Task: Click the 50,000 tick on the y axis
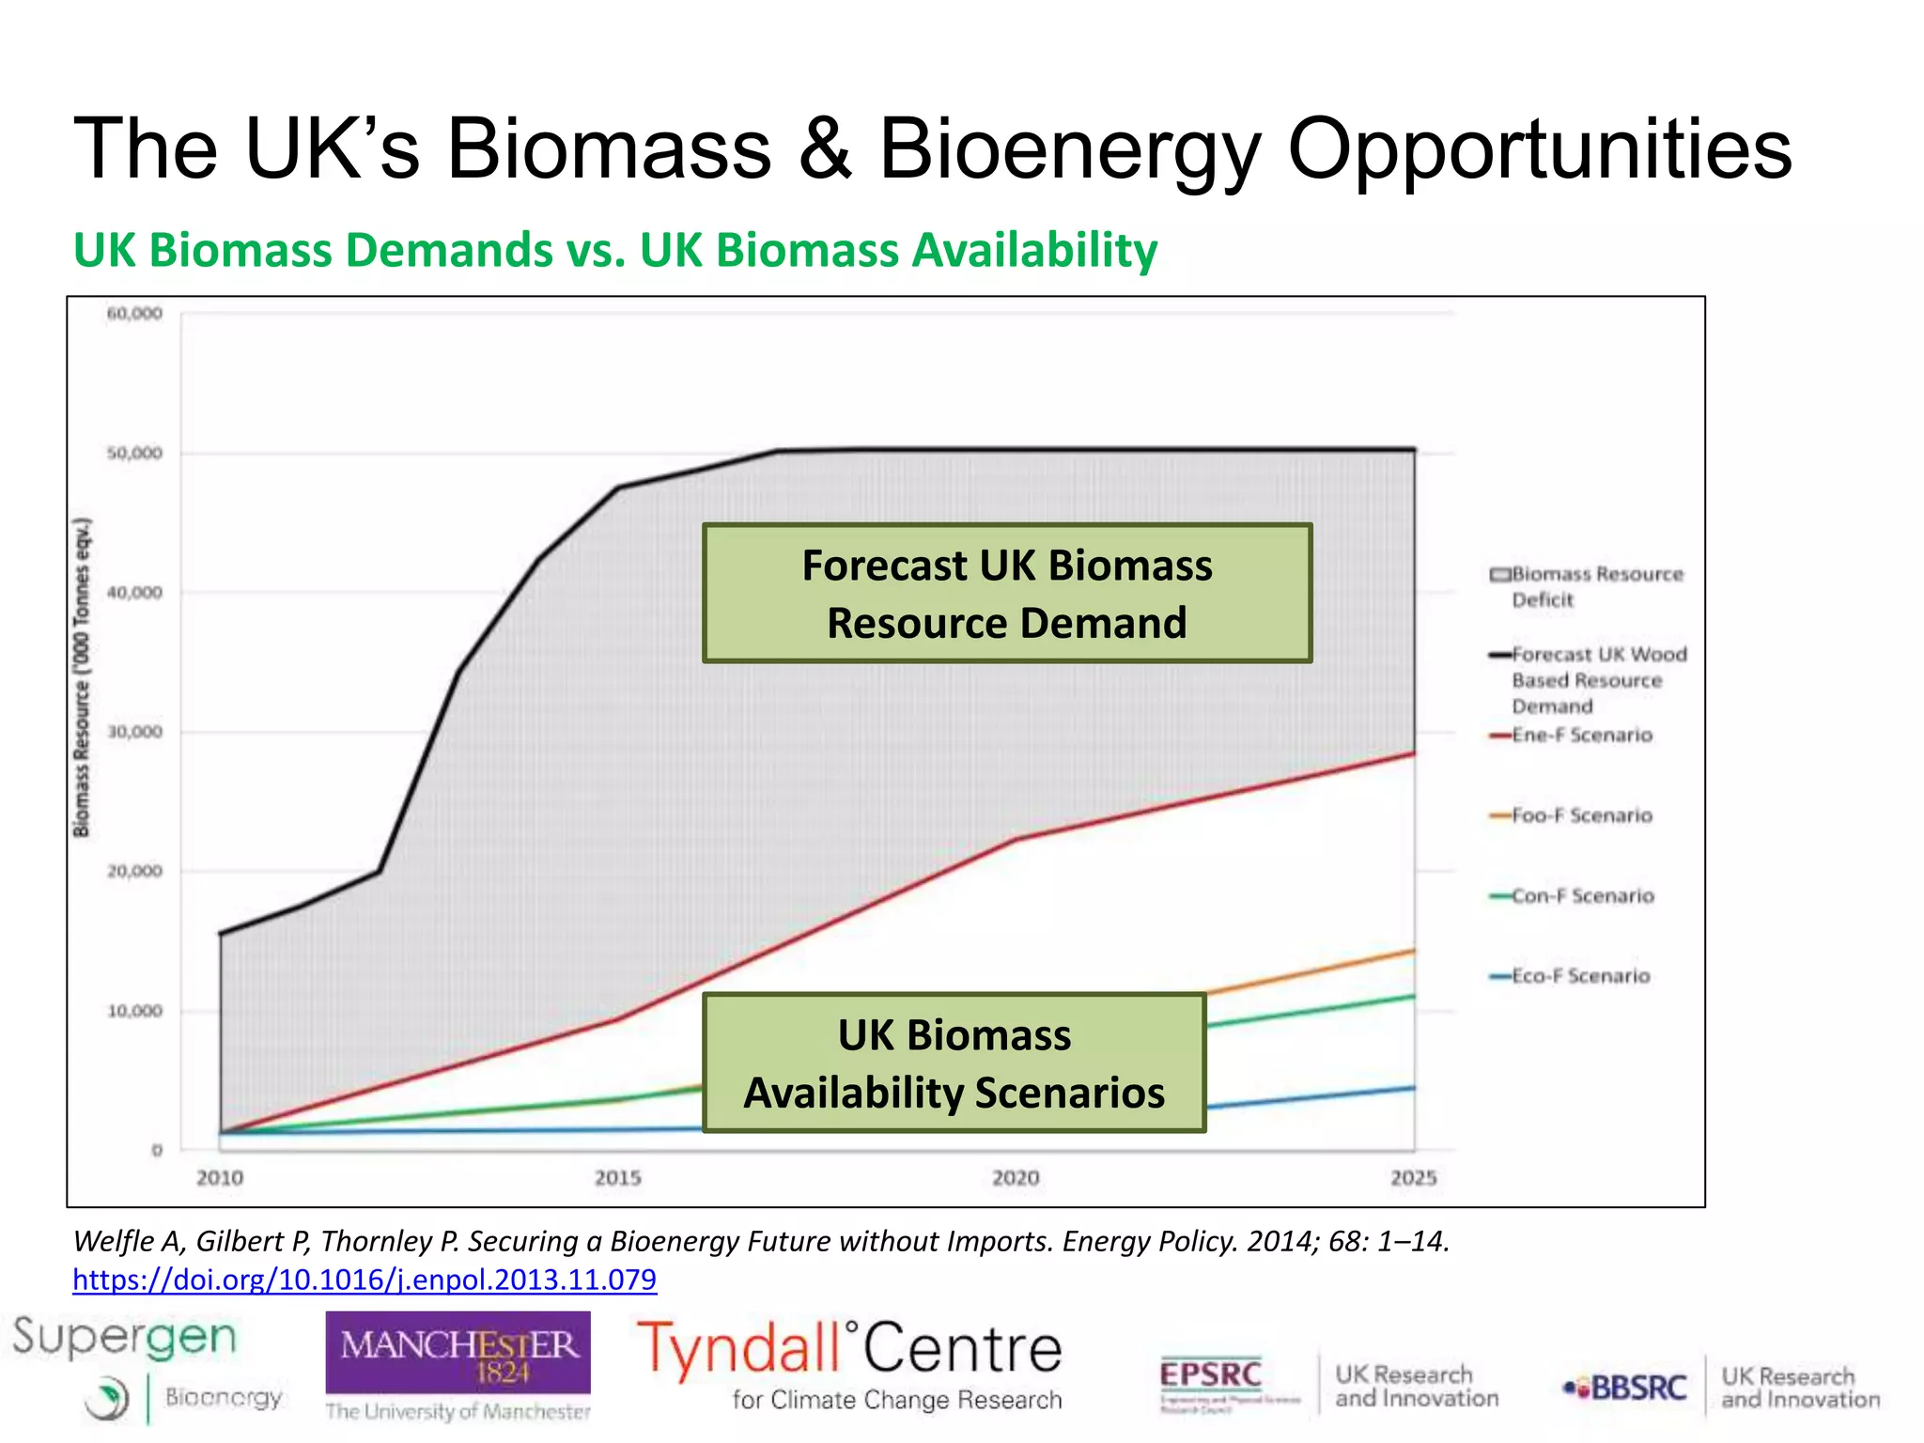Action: [x=134, y=454]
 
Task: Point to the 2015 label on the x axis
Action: [x=617, y=1178]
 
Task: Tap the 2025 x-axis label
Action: [x=1413, y=1178]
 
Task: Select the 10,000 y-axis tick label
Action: [x=134, y=1012]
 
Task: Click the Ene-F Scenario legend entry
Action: [x=1581, y=736]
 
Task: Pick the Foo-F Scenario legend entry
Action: [x=1581, y=815]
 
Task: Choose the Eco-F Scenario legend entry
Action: [x=1580, y=977]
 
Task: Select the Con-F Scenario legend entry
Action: [x=1582, y=896]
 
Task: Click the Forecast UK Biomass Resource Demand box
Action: [x=1006, y=594]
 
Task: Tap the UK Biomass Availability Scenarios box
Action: [x=954, y=1063]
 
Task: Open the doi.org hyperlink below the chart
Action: [x=365, y=1280]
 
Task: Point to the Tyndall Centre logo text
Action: [x=849, y=1349]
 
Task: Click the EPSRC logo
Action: [x=1210, y=1376]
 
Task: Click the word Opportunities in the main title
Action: [x=1539, y=150]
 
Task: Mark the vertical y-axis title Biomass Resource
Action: [x=83, y=676]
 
